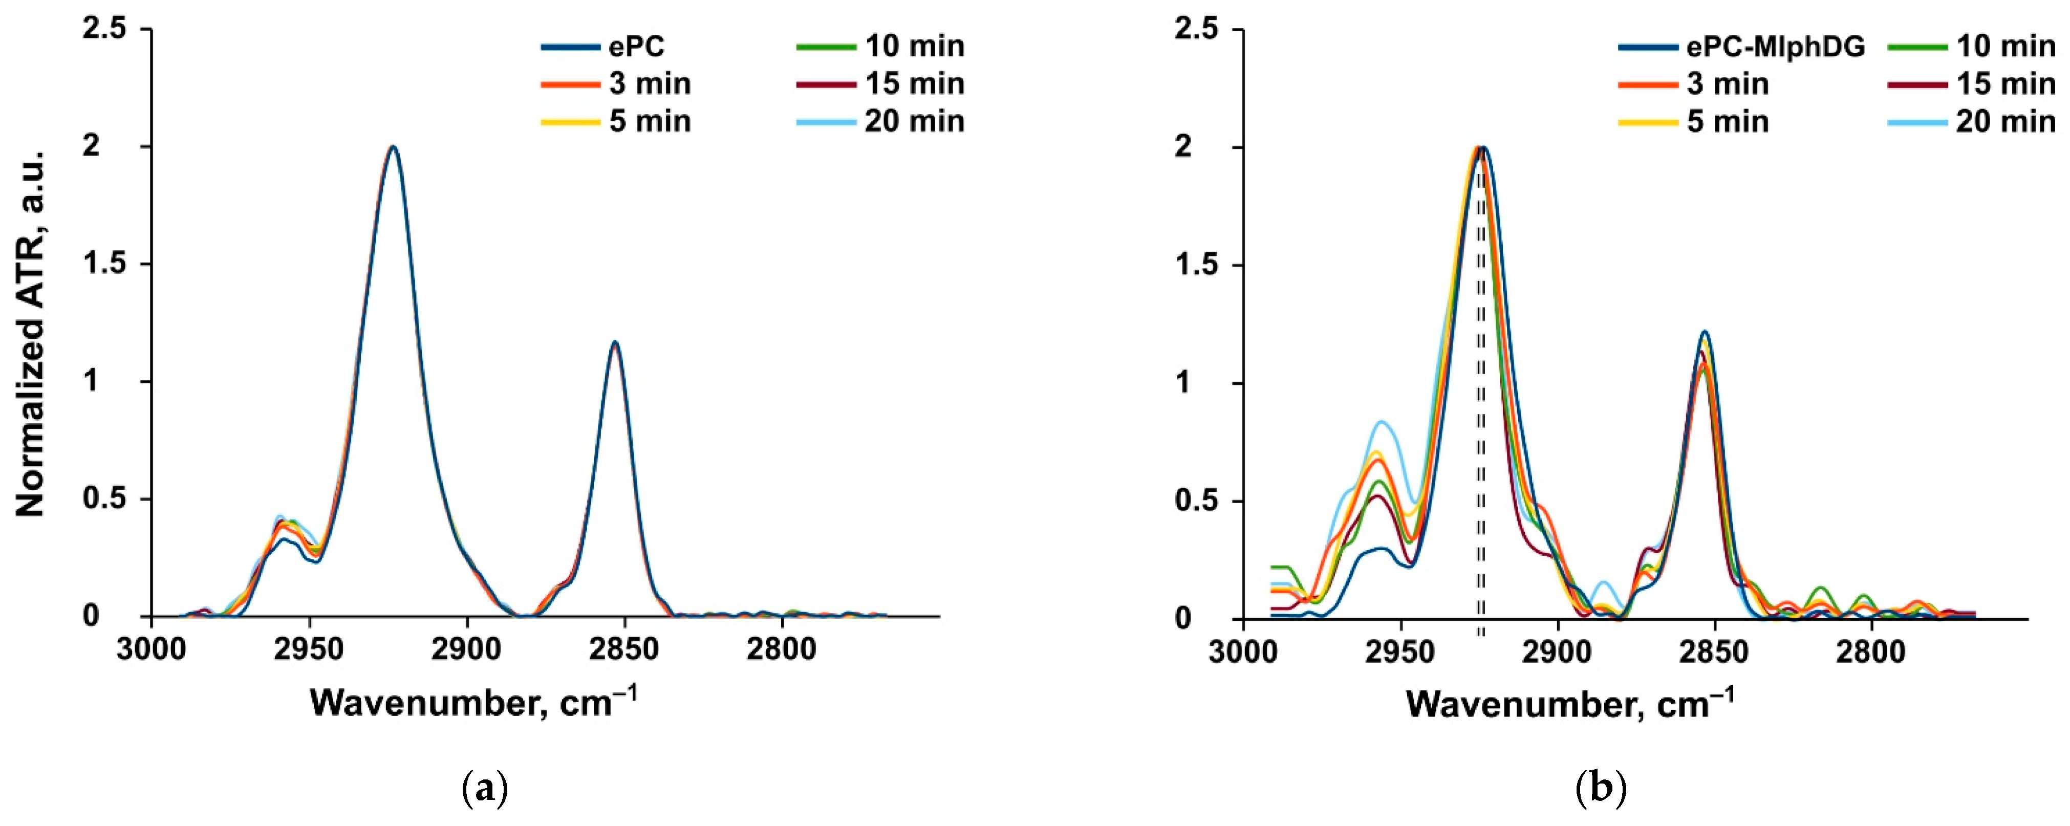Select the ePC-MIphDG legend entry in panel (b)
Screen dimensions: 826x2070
(x=1774, y=47)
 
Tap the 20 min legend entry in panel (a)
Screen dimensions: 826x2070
(x=914, y=121)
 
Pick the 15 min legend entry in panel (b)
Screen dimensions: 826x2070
(x=2005, y=83)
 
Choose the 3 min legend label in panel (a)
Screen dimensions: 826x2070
(x=649, y=83)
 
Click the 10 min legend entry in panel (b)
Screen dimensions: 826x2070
(x=2005, y=47)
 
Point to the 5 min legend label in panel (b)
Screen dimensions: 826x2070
(x=1727, y=121)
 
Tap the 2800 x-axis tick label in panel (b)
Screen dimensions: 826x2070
(x=1870, y=651)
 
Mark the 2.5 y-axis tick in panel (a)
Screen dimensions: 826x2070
(x=104, y=29)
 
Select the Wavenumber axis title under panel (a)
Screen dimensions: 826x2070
(x=474, y=703)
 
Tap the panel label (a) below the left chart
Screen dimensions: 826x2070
(x=485, y=789)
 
